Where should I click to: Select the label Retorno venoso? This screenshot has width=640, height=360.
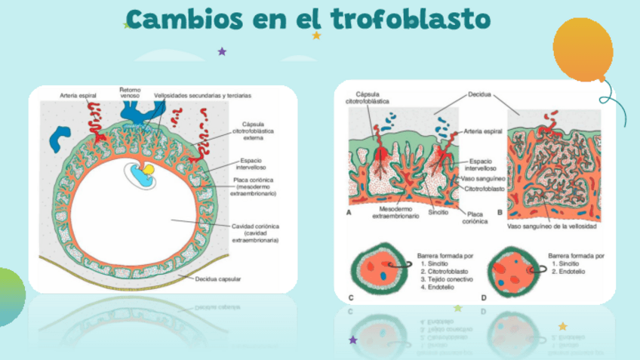pos(130,93)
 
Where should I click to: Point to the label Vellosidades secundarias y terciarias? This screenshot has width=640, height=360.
pos(202,97)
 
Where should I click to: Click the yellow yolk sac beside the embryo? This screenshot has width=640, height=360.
pos(149,171)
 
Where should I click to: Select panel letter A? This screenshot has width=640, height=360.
pos(349,214)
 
